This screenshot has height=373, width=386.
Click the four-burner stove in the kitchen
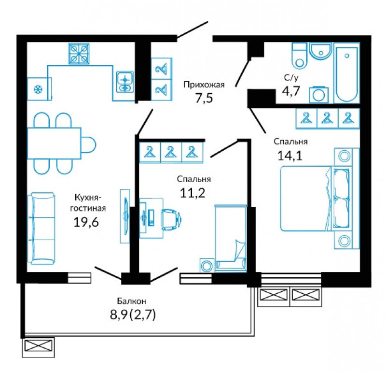[79, 54]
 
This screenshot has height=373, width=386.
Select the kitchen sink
[125, 82]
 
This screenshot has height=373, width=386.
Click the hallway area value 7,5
[204, 99]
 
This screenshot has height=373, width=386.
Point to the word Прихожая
[204, 85]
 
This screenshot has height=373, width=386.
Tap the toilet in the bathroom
[299, 56]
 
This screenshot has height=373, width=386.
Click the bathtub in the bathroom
[346, 73]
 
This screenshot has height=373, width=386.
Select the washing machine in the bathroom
[318, 95]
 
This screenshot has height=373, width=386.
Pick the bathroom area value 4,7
[291, 91]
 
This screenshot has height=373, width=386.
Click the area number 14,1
[290, 156]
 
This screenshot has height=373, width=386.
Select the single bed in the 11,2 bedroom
[231, 238]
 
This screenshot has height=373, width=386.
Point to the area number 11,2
[193, 193]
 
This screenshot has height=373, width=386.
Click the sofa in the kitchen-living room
[41, 229]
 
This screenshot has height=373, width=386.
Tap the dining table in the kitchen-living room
[54, 143]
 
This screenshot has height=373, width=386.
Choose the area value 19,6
[86, 222]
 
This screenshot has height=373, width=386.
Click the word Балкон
[132, 301]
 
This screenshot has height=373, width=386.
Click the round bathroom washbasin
[320, 51]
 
